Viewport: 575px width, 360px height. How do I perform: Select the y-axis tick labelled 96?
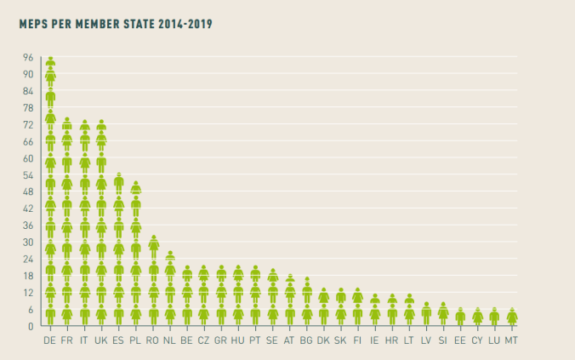(28, 57)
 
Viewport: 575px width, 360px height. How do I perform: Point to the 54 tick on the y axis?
(28, 174)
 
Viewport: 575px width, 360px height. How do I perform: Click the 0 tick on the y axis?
(30, 326)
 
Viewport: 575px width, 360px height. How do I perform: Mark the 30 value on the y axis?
(28, 242)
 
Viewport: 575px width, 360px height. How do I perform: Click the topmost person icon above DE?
(50, 61)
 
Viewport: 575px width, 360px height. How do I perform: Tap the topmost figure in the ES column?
(119, 180)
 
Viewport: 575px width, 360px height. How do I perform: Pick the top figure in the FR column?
(67, 124)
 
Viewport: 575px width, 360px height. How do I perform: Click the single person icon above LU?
(494, 316)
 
